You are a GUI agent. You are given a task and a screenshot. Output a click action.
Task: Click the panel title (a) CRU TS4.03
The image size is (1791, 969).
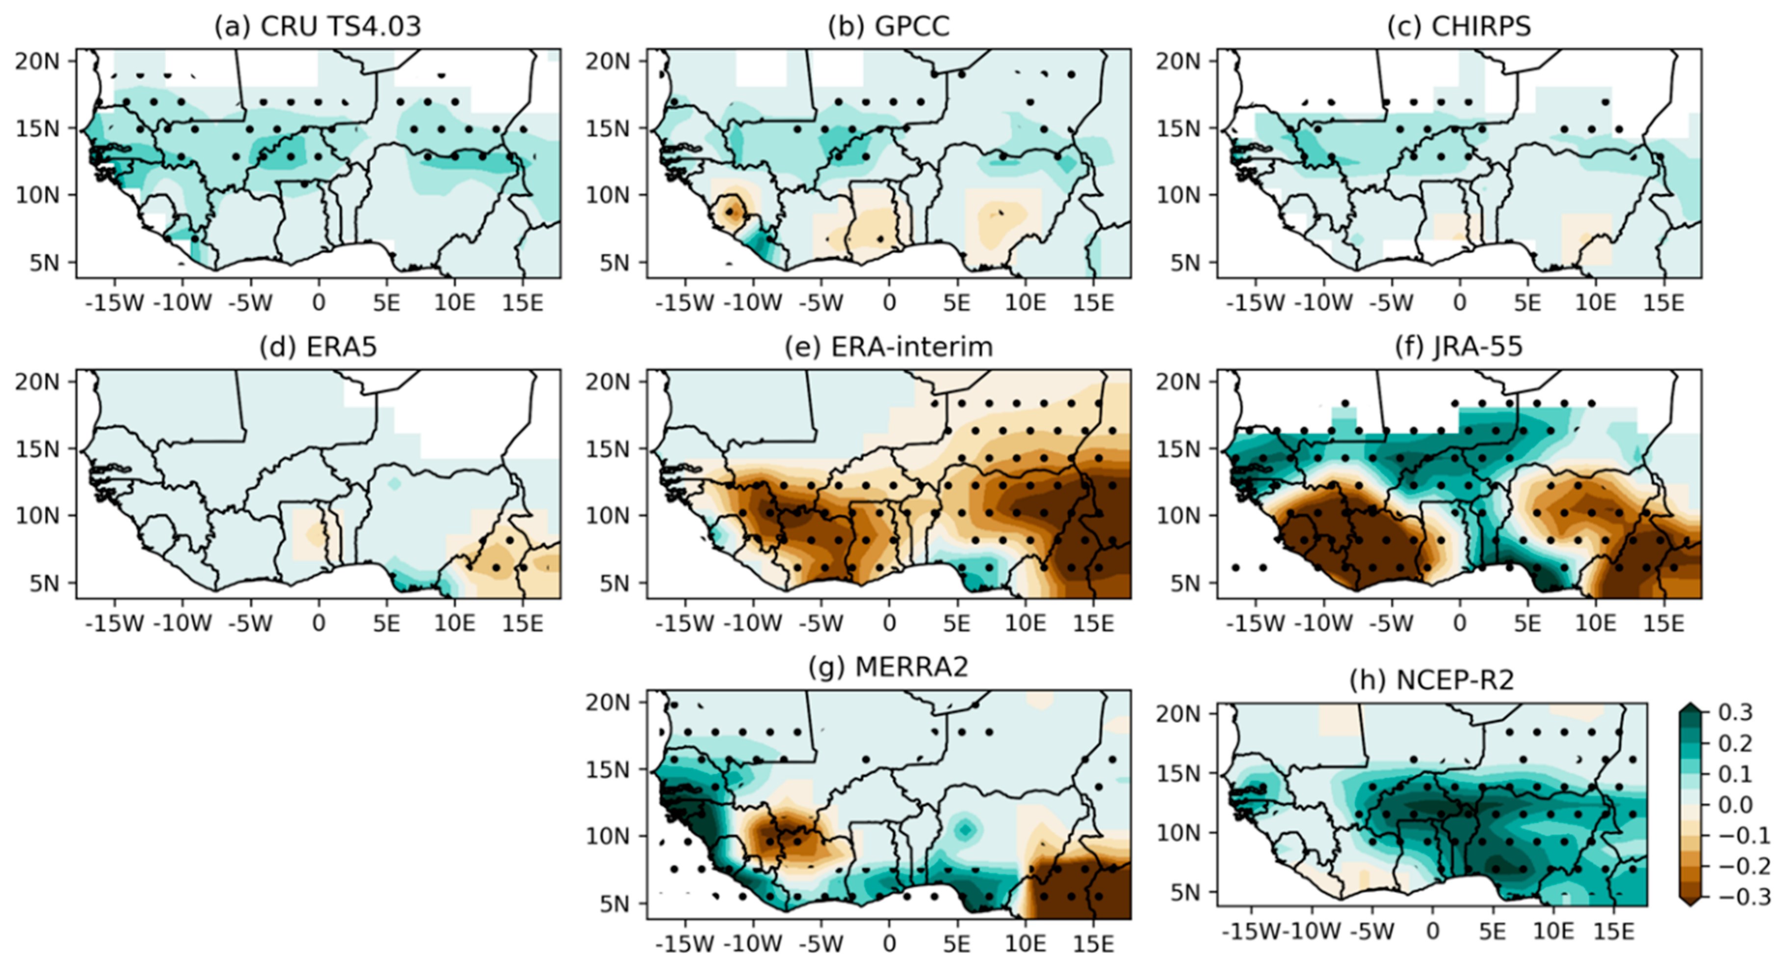pyautogui.click(x=318, y=26)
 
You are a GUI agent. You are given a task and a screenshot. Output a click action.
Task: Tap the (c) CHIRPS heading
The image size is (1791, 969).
pyautogui.click(x=1459, y=26)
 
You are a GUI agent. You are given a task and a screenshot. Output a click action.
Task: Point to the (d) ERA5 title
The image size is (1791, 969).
pyautogui.click(x=318, y=346)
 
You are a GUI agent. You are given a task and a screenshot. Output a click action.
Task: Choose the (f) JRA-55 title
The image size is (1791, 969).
pyautogui.click(x=1459, y=346)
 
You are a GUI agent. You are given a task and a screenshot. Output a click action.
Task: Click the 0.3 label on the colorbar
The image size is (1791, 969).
pyautogui.click(x=1736, y=712)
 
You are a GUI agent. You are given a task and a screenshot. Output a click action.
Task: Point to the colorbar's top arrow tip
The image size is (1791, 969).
pyautogui.click(x=1691, y=706)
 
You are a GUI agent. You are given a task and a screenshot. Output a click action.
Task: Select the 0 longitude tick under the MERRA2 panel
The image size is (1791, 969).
pyautogui.click(x=889, y=943)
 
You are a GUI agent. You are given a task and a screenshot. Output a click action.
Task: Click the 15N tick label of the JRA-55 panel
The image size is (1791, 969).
pyautogui.click(x=1178, y=448)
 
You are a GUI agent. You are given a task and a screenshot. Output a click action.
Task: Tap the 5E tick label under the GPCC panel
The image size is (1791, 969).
pyautogui.click(x=957, y=303)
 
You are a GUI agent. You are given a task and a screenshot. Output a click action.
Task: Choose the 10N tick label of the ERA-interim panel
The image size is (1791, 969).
pyautogui.click(x=607, y=515)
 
